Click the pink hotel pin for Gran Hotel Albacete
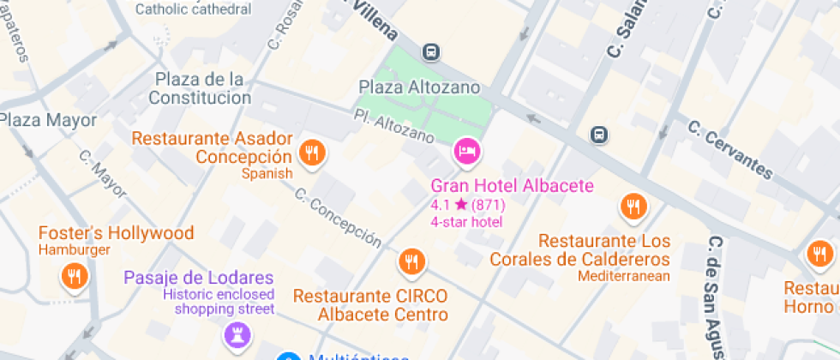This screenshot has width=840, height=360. tap(467, 152)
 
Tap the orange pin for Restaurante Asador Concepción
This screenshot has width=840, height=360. tap(311, 153)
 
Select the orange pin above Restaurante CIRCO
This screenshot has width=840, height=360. tap(412, 261)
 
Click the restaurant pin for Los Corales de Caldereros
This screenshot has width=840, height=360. tap(633, 207)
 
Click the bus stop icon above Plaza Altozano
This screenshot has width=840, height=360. tap(431, 51)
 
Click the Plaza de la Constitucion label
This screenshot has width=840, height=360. tap(200, 88)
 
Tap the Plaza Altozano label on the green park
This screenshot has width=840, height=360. tap(419, 87)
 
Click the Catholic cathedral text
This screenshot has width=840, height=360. tap(194, 9)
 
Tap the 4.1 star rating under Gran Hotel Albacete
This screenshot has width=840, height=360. tap(467, 205)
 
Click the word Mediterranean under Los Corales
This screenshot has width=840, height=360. tap(623, 276)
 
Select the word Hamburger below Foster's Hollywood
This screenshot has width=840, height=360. tap(75, 250)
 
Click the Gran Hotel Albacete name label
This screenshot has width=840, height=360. tap(512, 186)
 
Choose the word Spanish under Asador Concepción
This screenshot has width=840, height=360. tap(267, 174)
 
